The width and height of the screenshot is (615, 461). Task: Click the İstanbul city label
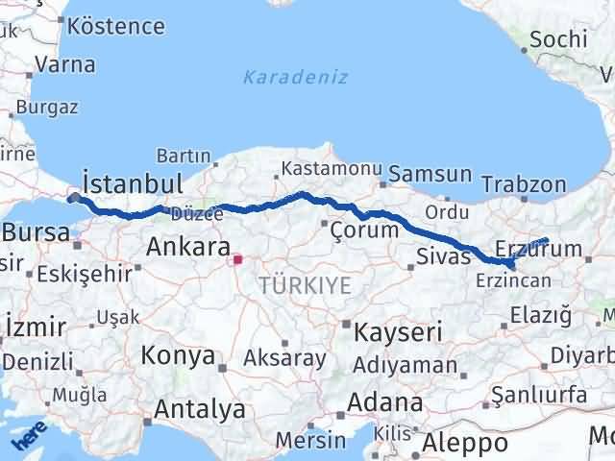(x=133, y=182)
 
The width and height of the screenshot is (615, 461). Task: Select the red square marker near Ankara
(x=237, y=258)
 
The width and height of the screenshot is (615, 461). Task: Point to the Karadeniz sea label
(x=296, y=77)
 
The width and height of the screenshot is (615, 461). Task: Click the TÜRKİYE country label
(x=305, y=284)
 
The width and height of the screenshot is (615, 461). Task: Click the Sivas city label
(x=444, y=255)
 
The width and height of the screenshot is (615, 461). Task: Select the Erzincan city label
(x=512, y=279)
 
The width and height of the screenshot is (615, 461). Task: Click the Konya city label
(x=178, y=355)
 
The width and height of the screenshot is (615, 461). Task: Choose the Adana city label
(x=385, y=402)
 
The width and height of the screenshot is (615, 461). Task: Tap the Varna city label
(x=64, y=65)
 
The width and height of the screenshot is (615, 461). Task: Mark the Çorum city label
(x=363, y=230)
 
